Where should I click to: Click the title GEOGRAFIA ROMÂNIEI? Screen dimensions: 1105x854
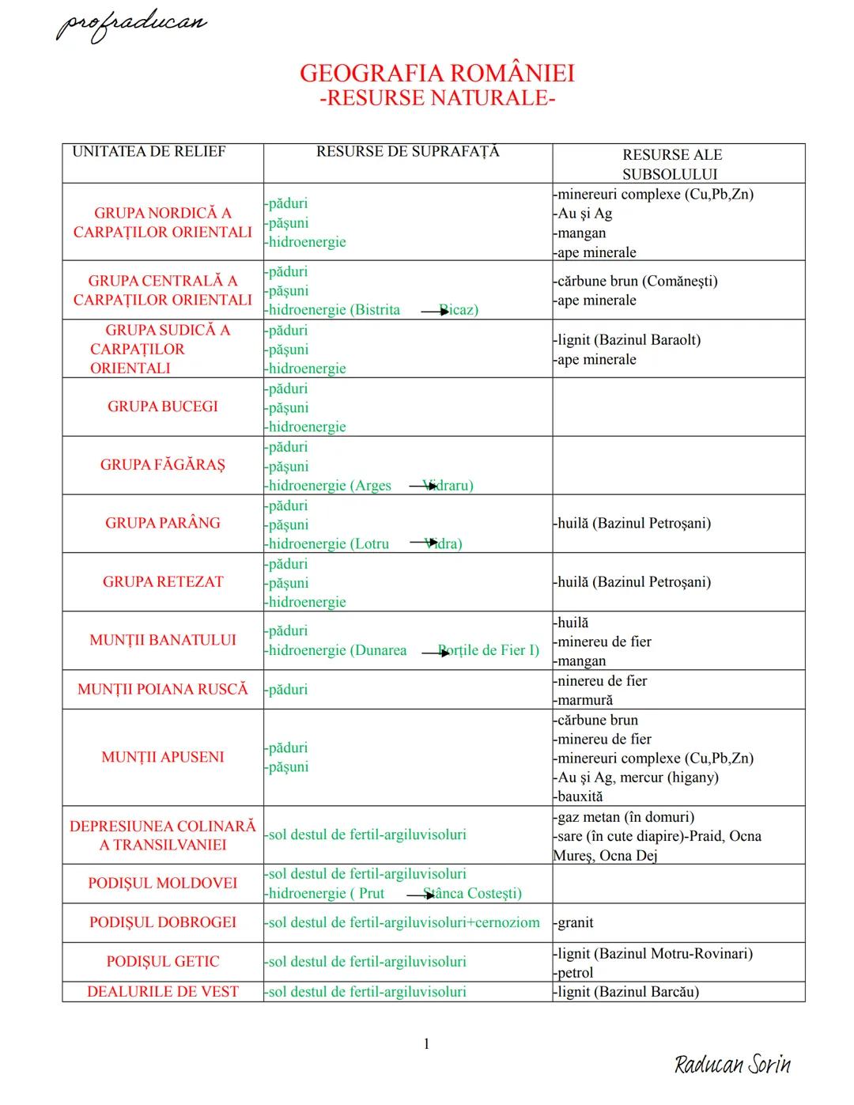click(436, 74)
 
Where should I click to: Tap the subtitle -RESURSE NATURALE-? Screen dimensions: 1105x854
click(436, 98)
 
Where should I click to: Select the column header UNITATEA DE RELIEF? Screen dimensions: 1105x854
click(149, 151)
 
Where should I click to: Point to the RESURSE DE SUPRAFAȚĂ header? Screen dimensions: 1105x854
click(407, 151)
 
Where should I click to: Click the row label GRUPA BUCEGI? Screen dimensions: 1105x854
click(162, 407)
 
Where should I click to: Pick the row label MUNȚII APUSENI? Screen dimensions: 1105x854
click(162, 757)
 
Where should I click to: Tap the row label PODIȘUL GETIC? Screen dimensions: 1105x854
click(162, 962)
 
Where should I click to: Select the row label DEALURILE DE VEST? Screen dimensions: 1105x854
click(162, 992)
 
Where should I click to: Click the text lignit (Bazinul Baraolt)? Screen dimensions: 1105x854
click(629, 340)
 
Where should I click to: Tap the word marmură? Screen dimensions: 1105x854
click(584, 700)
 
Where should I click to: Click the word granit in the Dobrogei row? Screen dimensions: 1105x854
click(575, 922)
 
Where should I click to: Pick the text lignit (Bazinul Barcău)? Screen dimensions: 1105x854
click(628, 992)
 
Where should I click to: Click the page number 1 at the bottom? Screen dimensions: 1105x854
click(427, 1044)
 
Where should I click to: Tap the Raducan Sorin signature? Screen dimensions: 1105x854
click(732, 1064)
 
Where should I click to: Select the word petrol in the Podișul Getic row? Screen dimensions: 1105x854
click(575, 973)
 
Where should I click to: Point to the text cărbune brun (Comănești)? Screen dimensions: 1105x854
click(637, 281)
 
